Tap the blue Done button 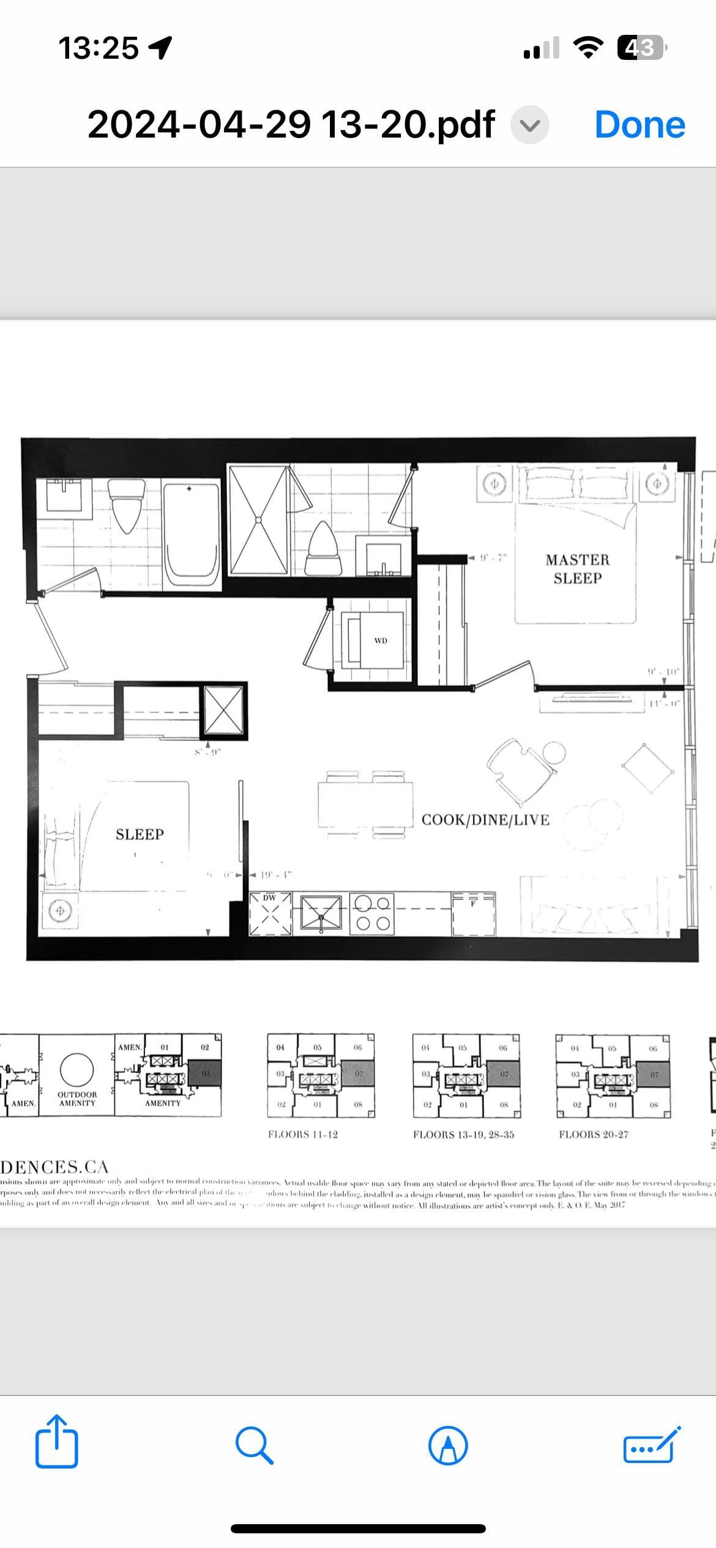coord(640,125)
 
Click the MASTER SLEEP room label coord(577,569)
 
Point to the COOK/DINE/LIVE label coord(485,820)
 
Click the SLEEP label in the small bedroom coord(140,835)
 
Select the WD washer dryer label coord(381,641)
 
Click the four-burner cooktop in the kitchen coord(372,913)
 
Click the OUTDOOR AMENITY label coord(77,1099)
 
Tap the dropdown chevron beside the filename coord(530,125)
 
